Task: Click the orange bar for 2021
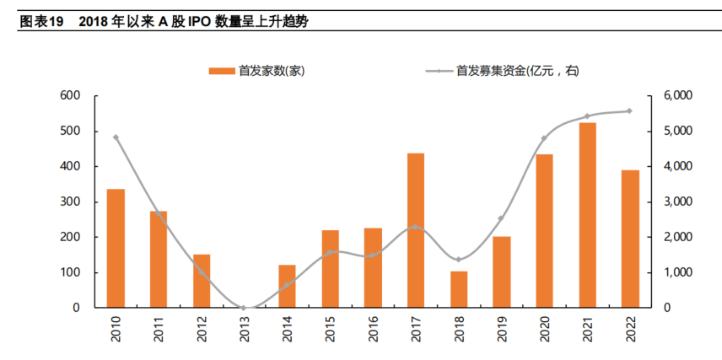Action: (x=588, y=215)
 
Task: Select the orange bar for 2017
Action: (x=416, y=230)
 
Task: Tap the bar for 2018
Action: (x=459, y=289)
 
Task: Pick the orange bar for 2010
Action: (x=116, y=248)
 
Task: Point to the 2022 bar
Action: (x=631, y=239)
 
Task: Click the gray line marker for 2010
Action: (x=116, y=137)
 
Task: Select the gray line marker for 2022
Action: (x=630, y=110)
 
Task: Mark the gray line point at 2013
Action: (x=245, y=308)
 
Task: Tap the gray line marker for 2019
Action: (x=502, y=218)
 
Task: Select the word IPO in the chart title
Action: (x=188, y=21)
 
